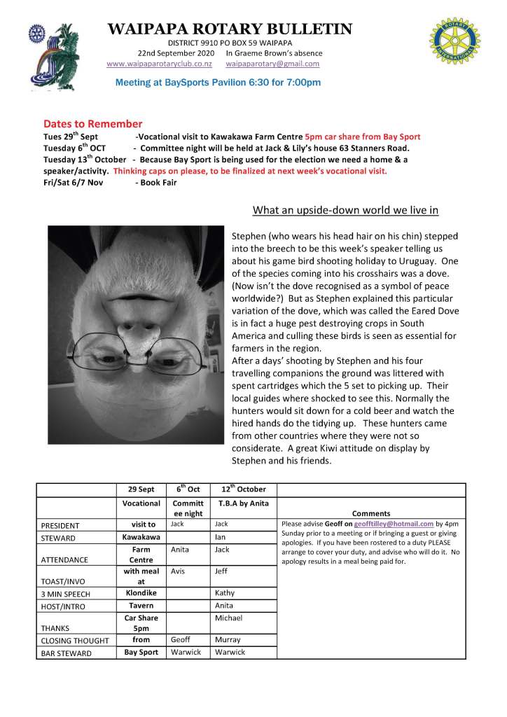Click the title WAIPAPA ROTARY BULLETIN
pyautogui.click(x=229, y=29)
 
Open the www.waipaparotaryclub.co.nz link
pyautogui.click(x=159, y=64)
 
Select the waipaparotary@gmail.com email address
pyautogui.click(x=272, y=64)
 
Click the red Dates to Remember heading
pyautogui.click(x=92, y=123)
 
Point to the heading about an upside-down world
pyautogui.click(x=345, y=210)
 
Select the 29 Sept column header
pyautogui.click(x=141, y=489)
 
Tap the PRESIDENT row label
pyautogui.click(x=60, y=525)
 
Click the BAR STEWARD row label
pyautogui.click(x=66, y=653)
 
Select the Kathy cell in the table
pyautogui.click(x=223, y=592)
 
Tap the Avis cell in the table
pyautogui.click(x=179, y=571)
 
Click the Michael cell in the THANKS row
pyautogui.click(x=228, y=618)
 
